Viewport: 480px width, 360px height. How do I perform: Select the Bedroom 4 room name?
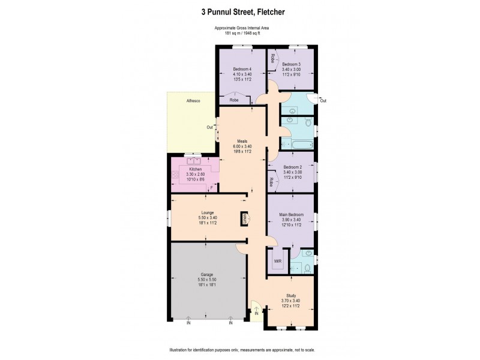pos(242,69)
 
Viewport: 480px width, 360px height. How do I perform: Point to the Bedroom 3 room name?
pos(292,64)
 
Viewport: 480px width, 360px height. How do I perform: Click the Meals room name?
pos(242,141)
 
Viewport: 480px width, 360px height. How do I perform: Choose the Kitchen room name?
pos(196,170)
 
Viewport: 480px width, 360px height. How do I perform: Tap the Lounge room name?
pos(206,212)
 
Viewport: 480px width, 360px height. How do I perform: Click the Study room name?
pos(290,295)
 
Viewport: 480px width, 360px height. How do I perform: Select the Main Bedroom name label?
pos(291,214)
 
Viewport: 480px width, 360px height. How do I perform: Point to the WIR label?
pos(277,262)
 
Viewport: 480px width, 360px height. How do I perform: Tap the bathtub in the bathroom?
pos(297,145)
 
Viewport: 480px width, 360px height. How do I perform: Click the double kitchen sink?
pos(194,161)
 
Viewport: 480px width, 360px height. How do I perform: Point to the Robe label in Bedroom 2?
pos(272,181)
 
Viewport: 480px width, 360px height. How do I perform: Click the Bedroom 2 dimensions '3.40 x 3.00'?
pos(292,173)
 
